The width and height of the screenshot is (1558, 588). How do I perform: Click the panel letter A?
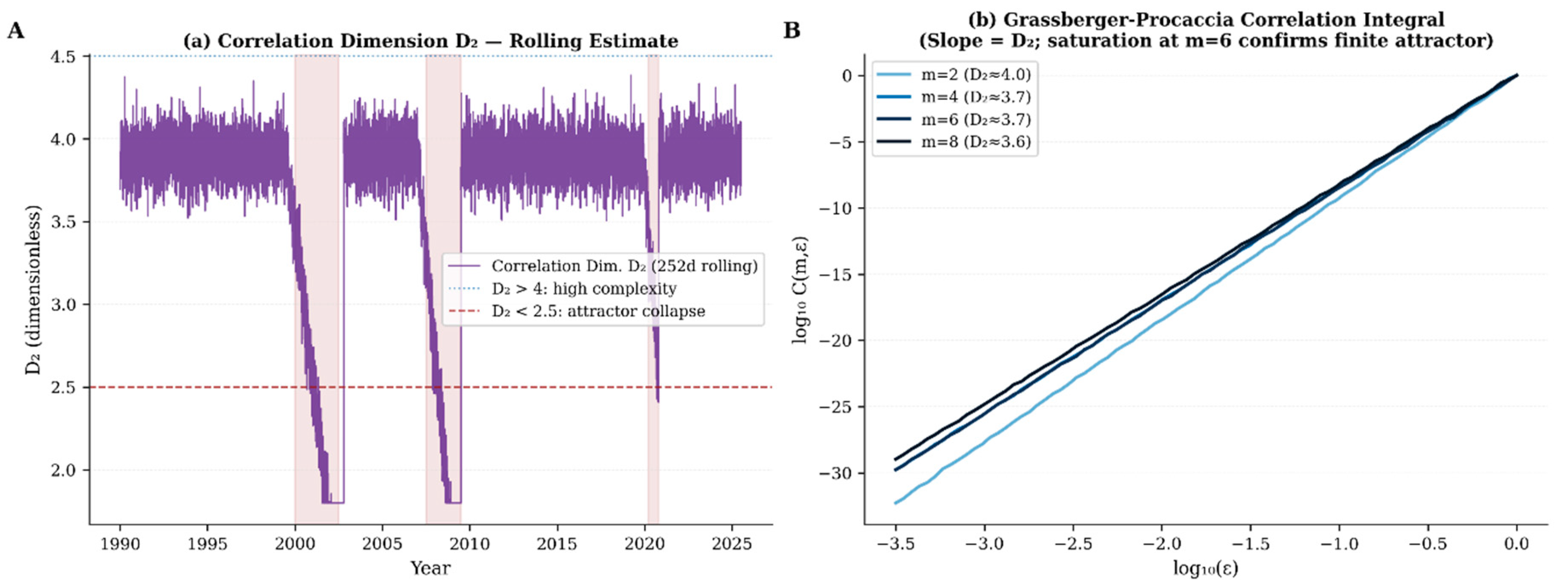coord(16,30)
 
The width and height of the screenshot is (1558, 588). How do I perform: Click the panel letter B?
coord(792,30)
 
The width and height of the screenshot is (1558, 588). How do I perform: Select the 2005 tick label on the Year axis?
coord(382,544)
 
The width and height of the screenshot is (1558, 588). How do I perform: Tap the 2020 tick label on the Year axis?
coord(645,544)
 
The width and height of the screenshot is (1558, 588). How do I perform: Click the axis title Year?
coord(430,568)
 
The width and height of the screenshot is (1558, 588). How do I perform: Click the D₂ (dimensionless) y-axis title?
coord(33,290)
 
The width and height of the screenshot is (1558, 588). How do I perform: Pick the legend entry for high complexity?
coord(584,289)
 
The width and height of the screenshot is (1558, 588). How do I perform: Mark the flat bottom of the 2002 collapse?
coord(333,502)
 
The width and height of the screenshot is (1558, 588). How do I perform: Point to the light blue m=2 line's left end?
coord(895,503)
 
